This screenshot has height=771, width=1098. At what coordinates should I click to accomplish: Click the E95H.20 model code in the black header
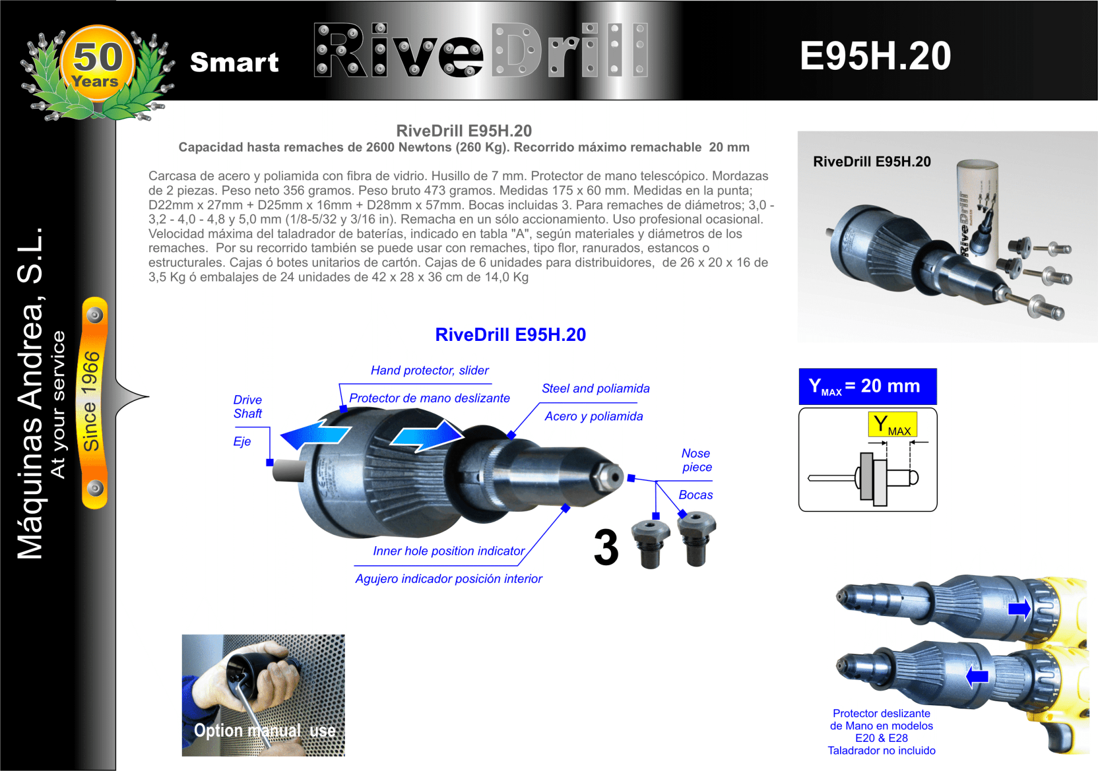coord(875,56)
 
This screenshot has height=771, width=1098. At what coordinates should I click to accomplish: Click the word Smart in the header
coord(234,62)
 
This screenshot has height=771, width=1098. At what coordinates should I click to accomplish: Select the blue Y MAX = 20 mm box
coord(868,387)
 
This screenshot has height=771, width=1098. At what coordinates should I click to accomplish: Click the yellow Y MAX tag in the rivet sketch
coord(892,424)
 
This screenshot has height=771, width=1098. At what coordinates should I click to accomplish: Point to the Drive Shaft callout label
coord(248,407)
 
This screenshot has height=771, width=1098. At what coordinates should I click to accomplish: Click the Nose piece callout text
coord(697,460)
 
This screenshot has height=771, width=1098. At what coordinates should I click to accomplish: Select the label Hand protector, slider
coord(429,371)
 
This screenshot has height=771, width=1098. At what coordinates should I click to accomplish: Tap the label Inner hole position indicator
coord(449,551)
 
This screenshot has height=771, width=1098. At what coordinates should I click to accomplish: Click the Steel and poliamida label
coord(595,388)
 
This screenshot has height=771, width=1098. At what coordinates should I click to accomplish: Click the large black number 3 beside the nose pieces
coord(606,547)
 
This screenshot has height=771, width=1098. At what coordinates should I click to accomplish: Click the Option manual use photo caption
coord(265,730)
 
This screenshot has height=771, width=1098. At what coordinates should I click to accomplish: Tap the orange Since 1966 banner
coord(95,403)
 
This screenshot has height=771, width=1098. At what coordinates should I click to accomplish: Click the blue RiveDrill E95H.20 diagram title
coord(511,335)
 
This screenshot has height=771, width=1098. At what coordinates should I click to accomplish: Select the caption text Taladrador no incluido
coord(881,750)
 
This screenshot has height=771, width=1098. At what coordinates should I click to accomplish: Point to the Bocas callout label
coord(695,495)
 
